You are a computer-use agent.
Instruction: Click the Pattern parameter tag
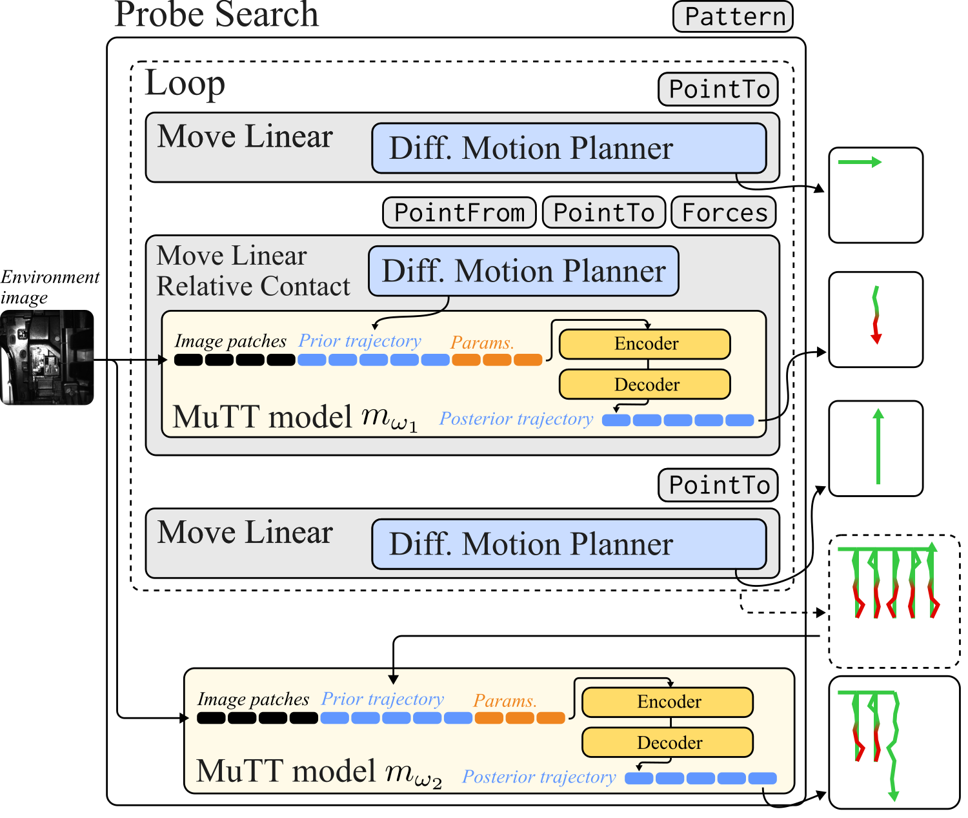point(732,17)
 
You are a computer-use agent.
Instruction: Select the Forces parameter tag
point(723,212)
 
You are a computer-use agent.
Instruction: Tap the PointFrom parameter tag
point(459,212)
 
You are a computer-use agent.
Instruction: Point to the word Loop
point(185,84)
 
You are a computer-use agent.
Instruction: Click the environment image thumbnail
point(46,357)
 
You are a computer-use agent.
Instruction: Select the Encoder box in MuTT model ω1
point(645,343)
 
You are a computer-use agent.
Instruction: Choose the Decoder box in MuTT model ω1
point(645,384)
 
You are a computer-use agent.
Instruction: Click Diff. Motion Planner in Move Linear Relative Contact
point(523,271)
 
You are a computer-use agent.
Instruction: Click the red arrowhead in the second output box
point(876,338)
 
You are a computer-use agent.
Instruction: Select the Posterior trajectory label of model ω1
point(516,419)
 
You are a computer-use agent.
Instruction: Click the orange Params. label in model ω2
point(505,700)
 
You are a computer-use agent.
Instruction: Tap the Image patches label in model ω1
point(230,341)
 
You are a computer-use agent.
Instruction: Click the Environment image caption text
point(49,287)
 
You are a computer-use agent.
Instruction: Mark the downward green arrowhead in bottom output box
point(893,796)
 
